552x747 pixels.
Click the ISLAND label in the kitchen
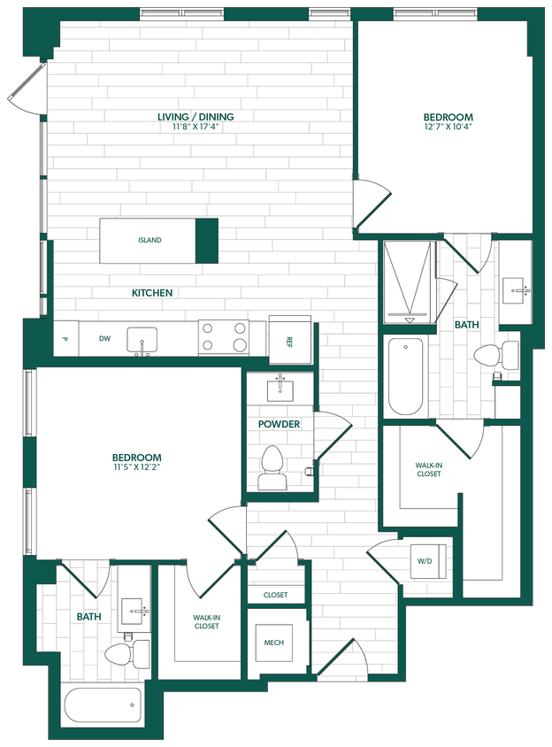point(149,240)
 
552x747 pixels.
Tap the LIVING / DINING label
point(195,117)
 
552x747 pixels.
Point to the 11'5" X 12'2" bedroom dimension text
point(136,466)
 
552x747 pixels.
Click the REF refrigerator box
point(288,340)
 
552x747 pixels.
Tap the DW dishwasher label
point(104,339)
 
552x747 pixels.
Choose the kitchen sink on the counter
point(142,340)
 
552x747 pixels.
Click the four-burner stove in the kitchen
point(224,337)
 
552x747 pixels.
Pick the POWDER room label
point(279,424)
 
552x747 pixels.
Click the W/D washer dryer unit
point(424,560)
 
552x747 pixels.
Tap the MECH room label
point(273,642)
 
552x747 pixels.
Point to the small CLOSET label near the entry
point(275,595)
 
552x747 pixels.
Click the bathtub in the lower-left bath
point(103,706)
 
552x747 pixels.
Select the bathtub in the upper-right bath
point(406,375)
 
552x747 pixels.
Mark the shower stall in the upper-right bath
point(408,281)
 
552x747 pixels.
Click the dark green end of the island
point(206,241)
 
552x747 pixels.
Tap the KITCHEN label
point(152,293)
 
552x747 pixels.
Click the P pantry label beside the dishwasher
point(65,339)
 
